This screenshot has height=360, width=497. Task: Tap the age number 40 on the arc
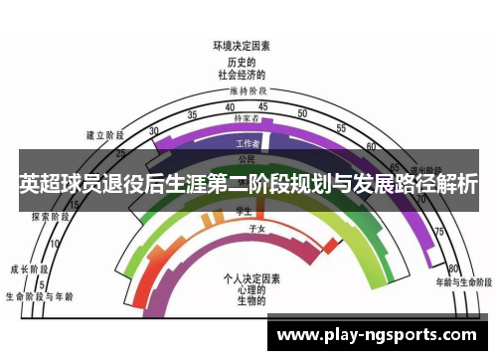(231, 107)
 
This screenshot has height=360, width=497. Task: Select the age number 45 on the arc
(260, 107)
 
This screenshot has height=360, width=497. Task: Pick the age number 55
(341, 128)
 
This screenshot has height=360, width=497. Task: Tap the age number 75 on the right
(437, 231)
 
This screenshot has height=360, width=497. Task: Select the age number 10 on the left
(56, 243)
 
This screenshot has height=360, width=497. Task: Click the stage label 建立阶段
(105, 134)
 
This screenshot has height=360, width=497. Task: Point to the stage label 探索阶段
(49, 216)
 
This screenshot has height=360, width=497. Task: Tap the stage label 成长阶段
(29, 269)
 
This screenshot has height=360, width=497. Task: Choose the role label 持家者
(246, 117)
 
